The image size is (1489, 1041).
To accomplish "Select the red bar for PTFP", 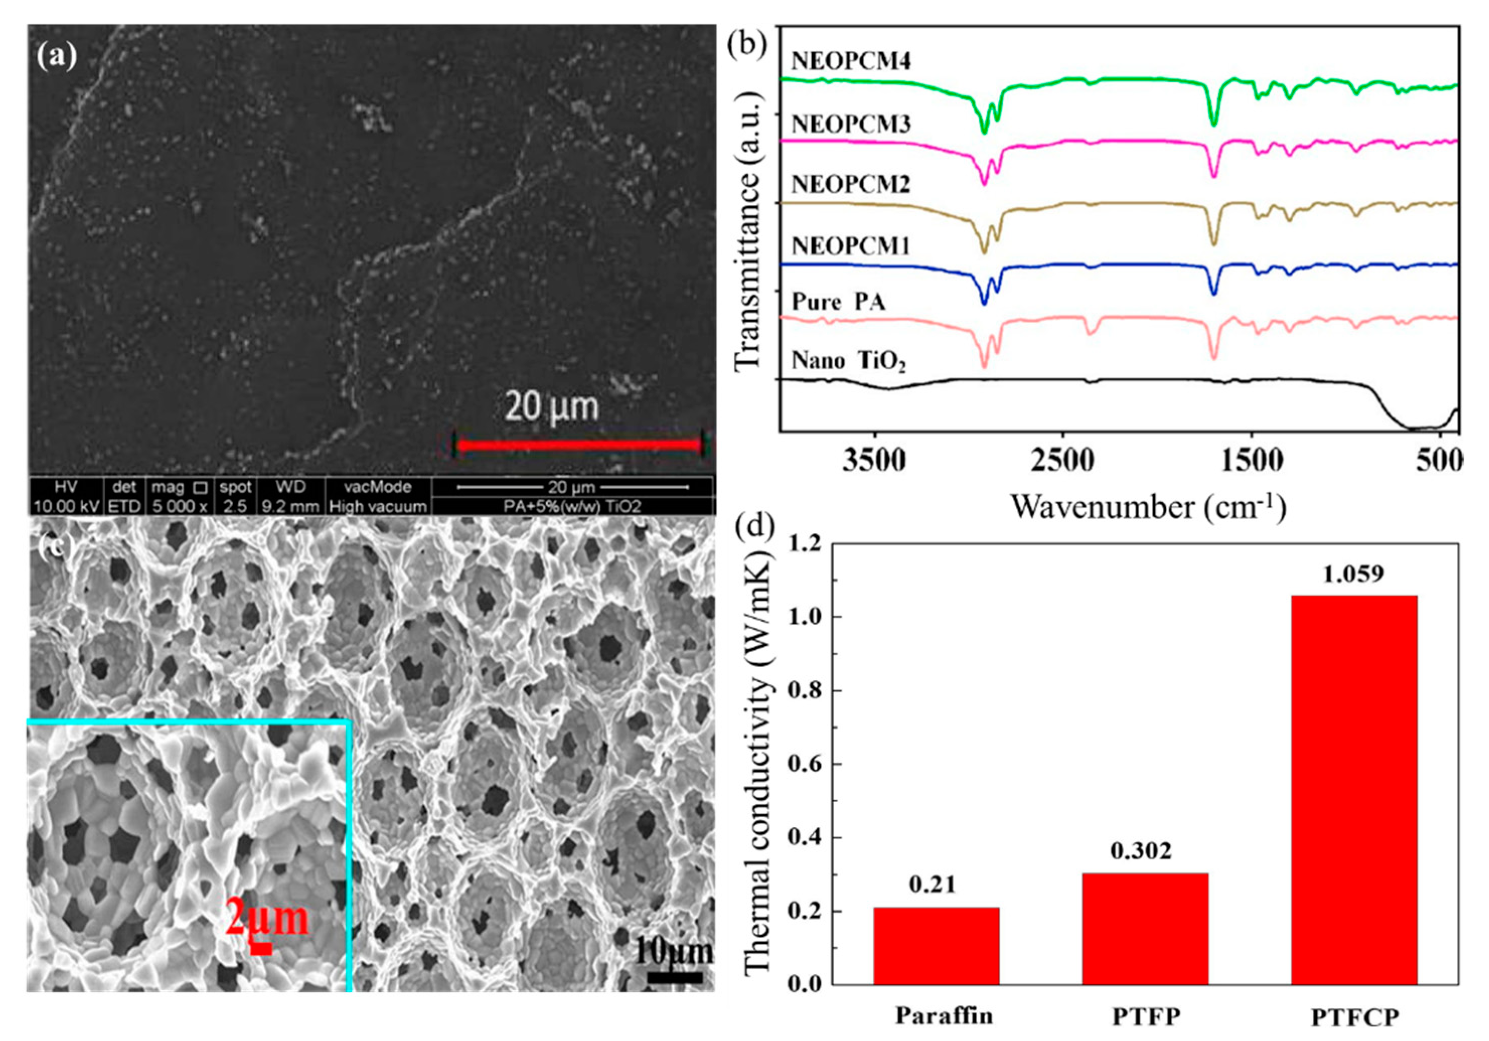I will (x=1145, y=929).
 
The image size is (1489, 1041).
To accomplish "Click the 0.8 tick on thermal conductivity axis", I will (x=805, y=691).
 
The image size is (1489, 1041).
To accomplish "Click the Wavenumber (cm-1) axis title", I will (x=1148, y=507).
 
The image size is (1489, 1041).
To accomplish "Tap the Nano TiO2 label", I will (x=847, y=361).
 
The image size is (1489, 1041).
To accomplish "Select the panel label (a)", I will (x=56, y=56).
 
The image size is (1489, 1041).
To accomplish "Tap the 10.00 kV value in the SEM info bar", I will (x=65, y=507).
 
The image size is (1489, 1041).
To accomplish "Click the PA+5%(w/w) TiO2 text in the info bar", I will (x=572, y=507).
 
